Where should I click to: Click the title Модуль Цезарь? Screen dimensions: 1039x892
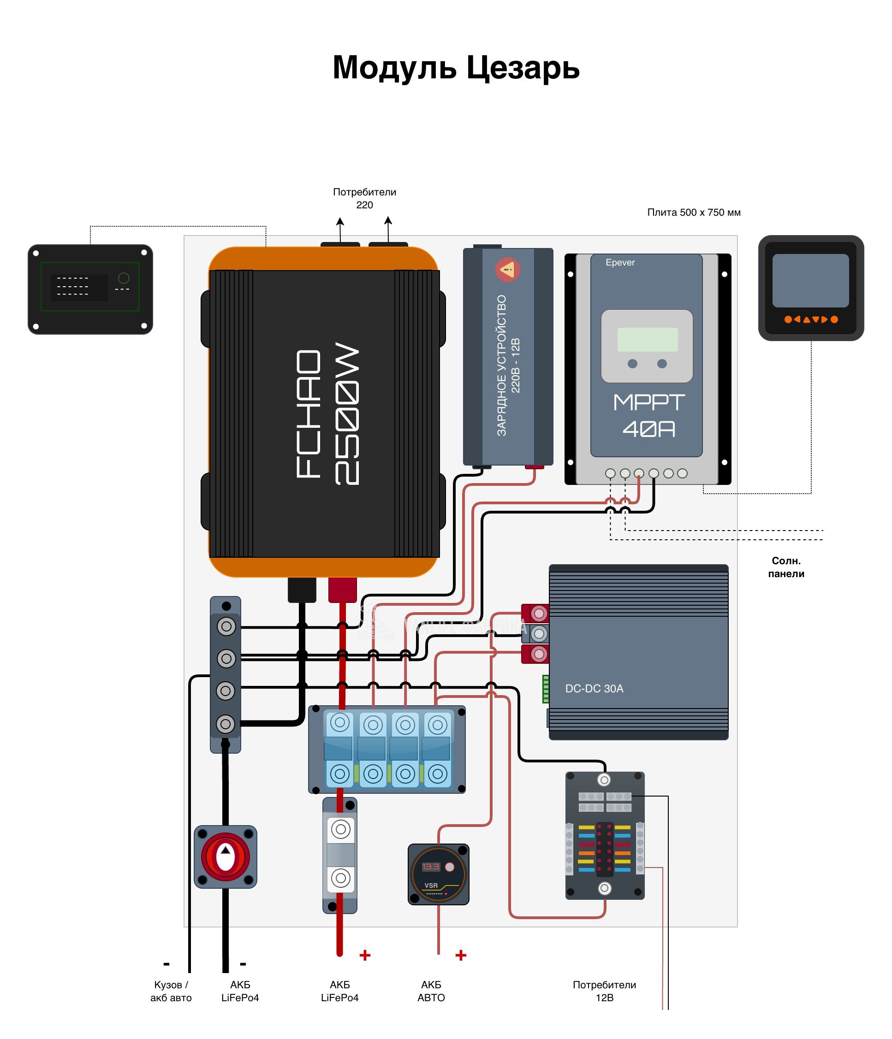tap(456, 67)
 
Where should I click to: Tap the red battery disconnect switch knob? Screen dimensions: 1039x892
tap(225, 857)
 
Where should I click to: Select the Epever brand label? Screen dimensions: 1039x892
tap(619, 262)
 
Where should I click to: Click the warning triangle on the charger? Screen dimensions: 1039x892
tap(508, 270)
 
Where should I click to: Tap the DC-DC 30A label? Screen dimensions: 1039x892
tap(594, 689)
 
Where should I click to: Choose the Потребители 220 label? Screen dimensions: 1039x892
tap(364, 198)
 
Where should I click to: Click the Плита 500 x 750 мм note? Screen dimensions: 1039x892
tap(693, 212)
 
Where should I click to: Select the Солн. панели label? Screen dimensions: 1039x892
tap(785, 567)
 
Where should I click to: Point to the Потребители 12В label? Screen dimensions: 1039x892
tap(604, 991)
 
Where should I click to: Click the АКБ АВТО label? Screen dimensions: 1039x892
tap(431, 991)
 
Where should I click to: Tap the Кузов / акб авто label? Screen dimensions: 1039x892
tap(171, 991)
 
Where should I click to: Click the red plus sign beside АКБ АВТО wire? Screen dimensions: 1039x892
tap(461, 955)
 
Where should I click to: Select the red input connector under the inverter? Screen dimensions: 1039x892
tap(342, 589)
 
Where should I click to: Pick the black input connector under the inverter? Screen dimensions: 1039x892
tap(302, 589)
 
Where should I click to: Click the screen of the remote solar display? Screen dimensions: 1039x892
tap(810, 280)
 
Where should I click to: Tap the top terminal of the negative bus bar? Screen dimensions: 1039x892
tap(226, 626)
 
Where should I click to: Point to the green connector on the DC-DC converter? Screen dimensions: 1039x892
tap(545, 689)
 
